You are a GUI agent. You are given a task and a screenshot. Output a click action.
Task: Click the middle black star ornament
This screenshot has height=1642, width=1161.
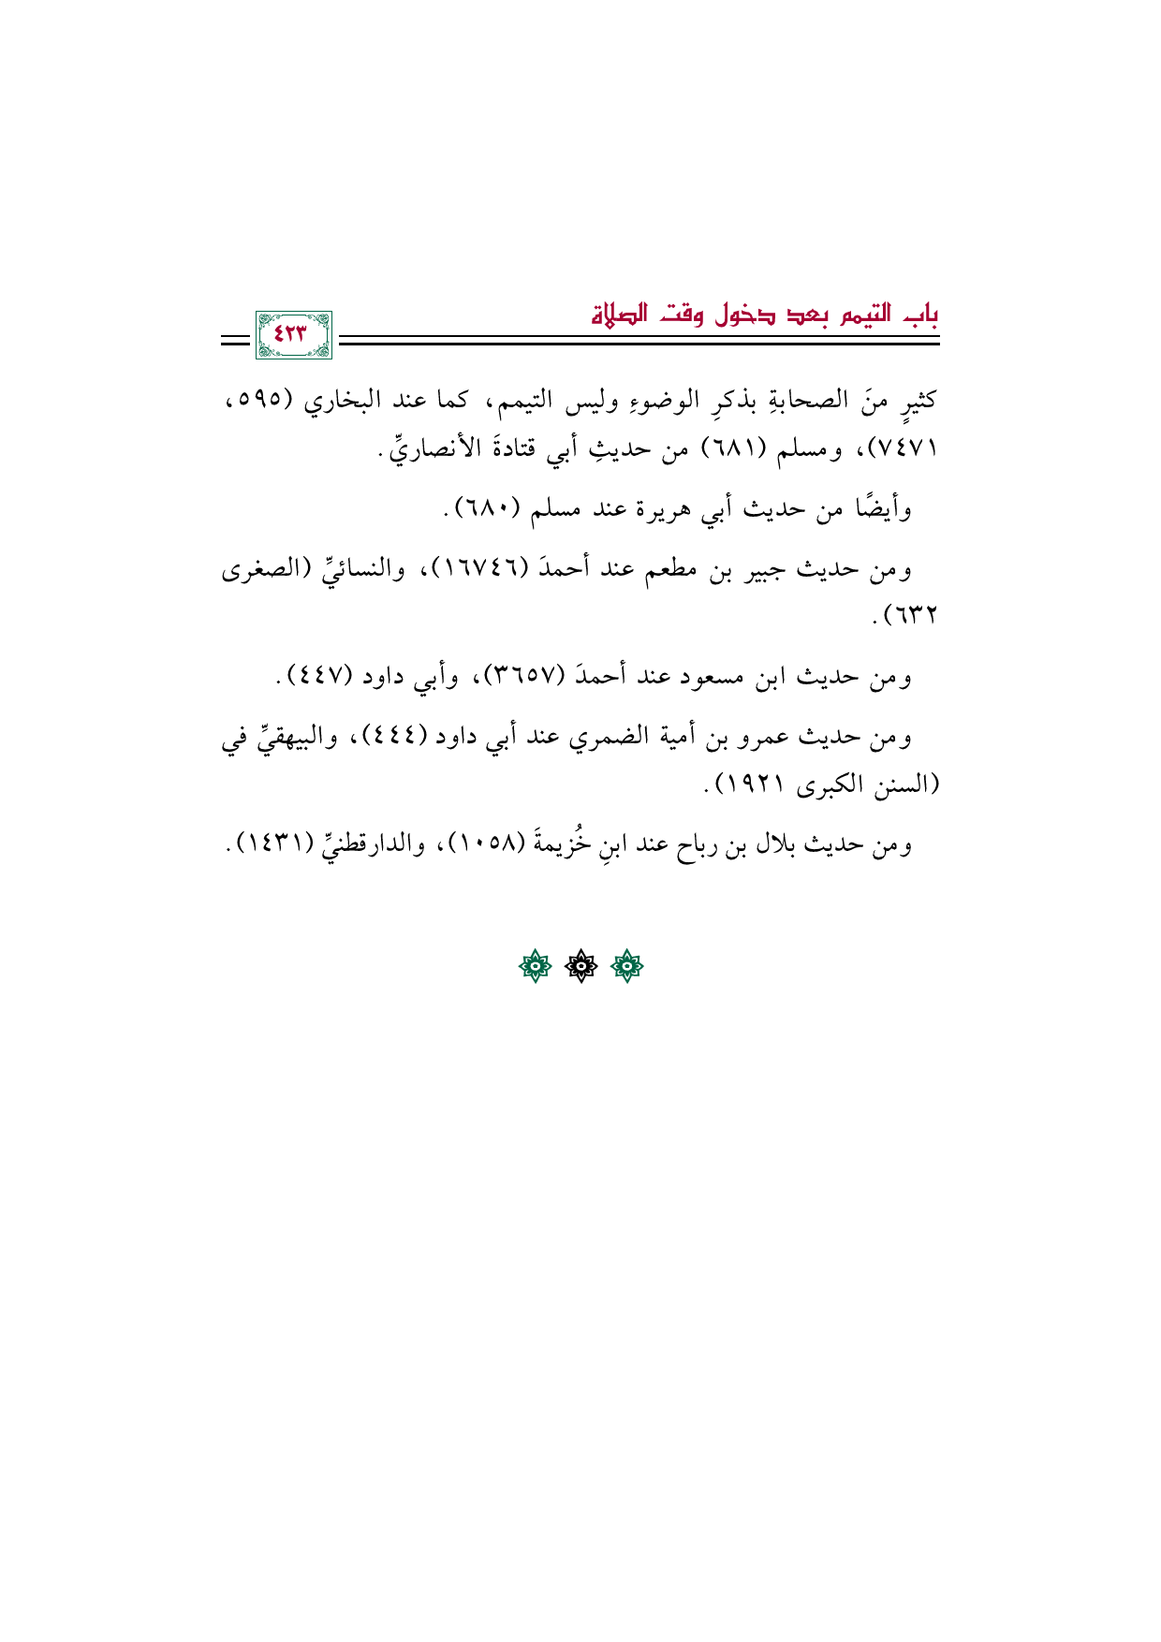coord(580,967)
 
